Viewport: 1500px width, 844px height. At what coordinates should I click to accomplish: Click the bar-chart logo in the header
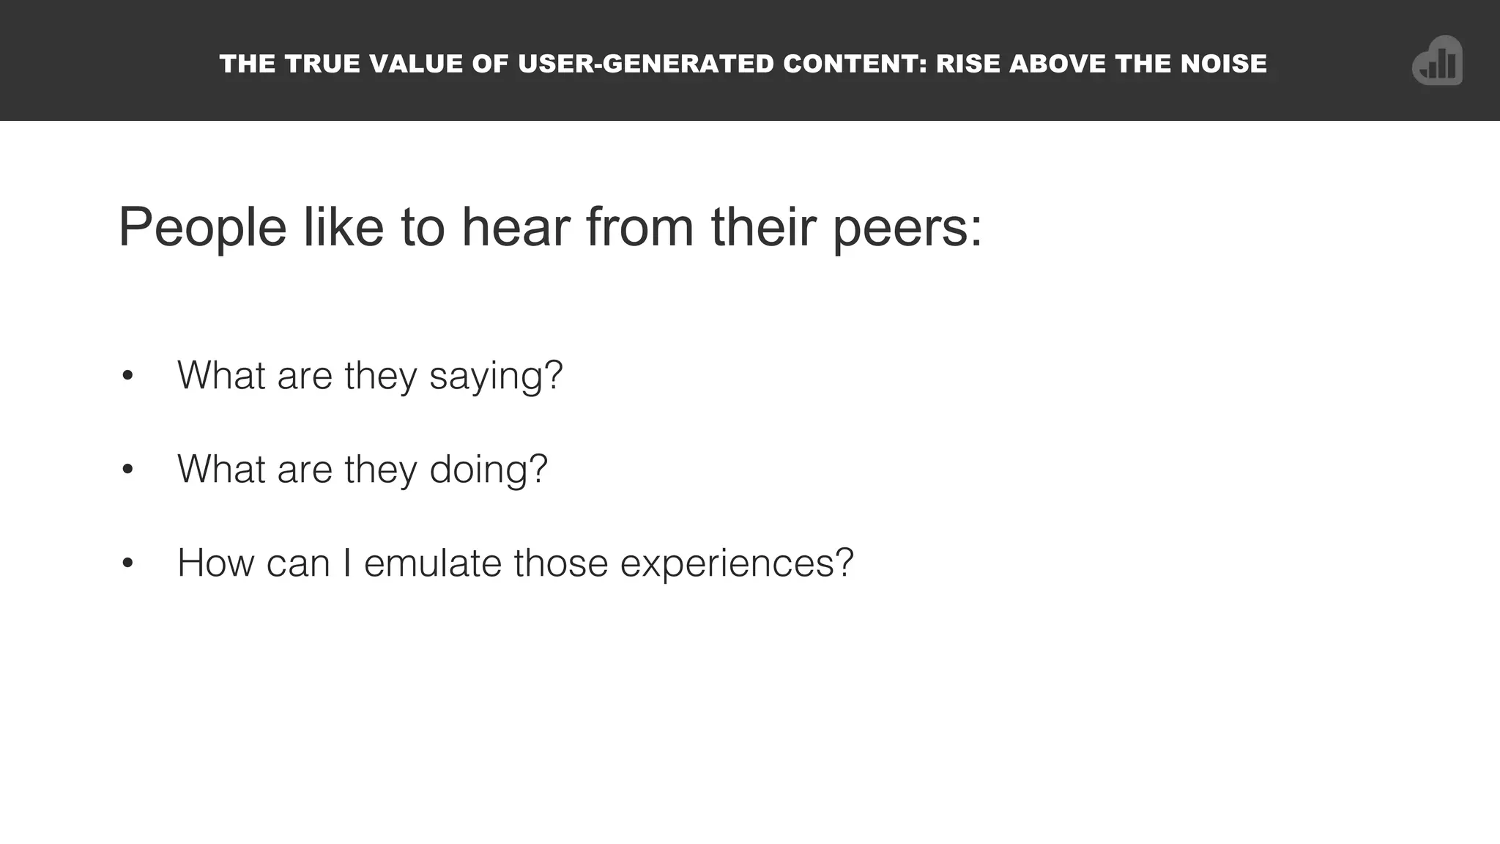tap(1437, 62)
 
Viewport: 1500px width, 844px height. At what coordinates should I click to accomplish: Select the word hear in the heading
tap(515, 227)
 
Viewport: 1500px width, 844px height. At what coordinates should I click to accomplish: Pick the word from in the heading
tap(639, 227)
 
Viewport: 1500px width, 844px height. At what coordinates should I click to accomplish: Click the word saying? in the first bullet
tap(496, 377)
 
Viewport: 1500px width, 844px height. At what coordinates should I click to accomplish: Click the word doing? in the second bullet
tap(489, 470)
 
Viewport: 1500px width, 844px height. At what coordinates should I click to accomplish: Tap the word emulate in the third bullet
tap(433, 563)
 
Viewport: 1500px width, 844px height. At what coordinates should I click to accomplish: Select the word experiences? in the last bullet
tap(737, 564)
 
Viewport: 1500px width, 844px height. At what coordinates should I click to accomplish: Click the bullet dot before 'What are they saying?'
tap(128, 376)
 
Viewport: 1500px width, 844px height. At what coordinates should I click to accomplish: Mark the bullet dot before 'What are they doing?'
tap(128, 469)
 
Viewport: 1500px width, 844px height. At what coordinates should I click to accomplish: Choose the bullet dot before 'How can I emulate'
tap(128, 563)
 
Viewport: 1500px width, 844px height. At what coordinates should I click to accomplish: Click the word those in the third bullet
tap(561, 563)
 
